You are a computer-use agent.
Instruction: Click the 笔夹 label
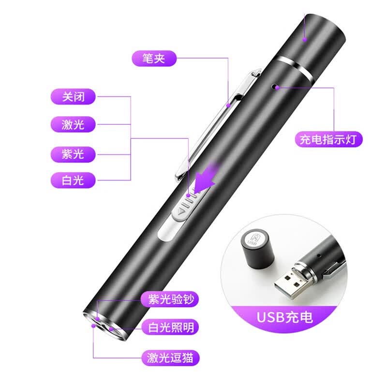pyautogui.click(x=154, y=59)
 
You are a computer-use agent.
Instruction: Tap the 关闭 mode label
pyautogui.click(x=73, y=96)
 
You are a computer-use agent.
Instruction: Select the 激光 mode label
pyautogui.click(x=73, y=124)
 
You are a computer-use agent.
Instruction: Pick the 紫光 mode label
pyautogui.click(x=73, y=154)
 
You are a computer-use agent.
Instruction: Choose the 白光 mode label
pyautogui.click(x=73, y=180)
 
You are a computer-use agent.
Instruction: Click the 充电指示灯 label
pyautogui.click(x=329, y=139)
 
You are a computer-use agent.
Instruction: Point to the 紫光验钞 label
pyautogui.click(x=170, y=299)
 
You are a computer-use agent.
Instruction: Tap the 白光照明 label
pyautogui.click(x=171, y=327)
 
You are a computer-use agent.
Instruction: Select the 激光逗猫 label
pyautogui.click(x=171, y=357)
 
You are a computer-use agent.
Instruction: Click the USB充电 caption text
pyautogui.click(x=285, y=317)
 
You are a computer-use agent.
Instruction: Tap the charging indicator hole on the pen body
pyautogui.click(x=274, y=86)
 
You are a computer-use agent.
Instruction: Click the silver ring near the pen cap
pyautogui.click(x=295, y=67)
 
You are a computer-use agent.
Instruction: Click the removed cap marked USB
pyautogui.click(x=257, y=249)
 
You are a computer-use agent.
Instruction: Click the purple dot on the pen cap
pyautogui.click(x=305, y=39)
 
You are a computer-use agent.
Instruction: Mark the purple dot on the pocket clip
pyautogui.click(x=228, y=105)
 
